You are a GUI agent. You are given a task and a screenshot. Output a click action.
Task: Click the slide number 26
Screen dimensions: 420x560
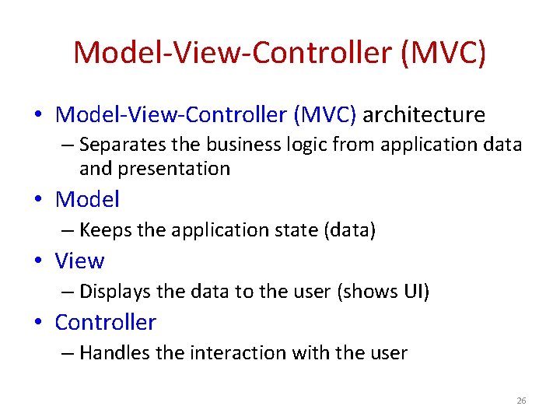point(521,401)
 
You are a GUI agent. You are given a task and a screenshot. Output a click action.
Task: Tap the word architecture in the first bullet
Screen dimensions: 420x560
point(424,115)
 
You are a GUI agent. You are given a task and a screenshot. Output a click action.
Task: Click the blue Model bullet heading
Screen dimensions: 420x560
point(87,199)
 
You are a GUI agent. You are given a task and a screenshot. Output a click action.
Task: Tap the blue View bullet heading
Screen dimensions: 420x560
point(79,261)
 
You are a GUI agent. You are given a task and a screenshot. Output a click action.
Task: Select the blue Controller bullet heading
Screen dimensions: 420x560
point(105,322)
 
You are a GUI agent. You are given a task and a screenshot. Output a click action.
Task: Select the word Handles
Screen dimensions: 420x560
point(114,353)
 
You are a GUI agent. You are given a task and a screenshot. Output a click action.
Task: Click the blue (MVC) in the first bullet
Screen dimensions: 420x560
point(324,115)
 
